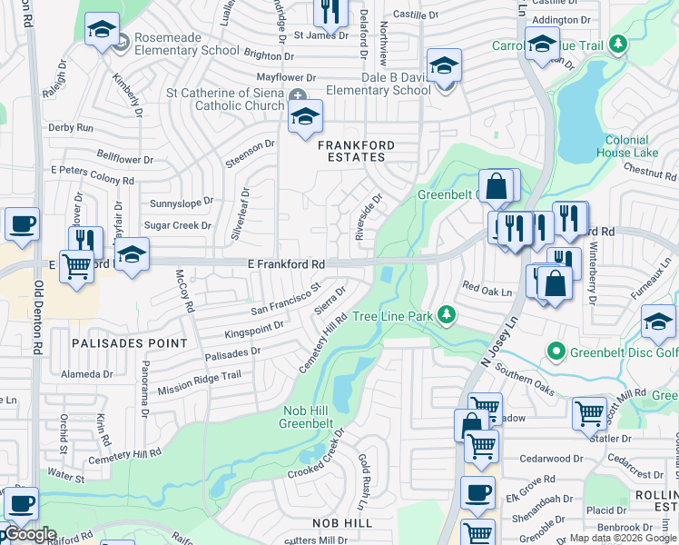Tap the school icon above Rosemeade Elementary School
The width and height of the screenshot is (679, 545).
pyautogui.click(x=101, y=30)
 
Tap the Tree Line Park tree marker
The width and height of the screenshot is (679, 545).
pyautogui.click(x=446, y=315)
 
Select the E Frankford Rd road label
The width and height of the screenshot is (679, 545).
pyautogui.click(x=286, y=263)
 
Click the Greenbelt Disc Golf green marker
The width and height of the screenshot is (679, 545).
pyautogui.click(x=556, y=351)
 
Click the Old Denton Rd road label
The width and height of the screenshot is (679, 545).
pyautogui.click(x=38, y=318)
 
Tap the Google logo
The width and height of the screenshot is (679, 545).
pyautogui.click(x=29, y=534)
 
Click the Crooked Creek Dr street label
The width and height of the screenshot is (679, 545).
pyautogui.click(x=317, y=457)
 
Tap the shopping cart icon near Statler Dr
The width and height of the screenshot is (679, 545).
pyautogui.click(x=589, y=413)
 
